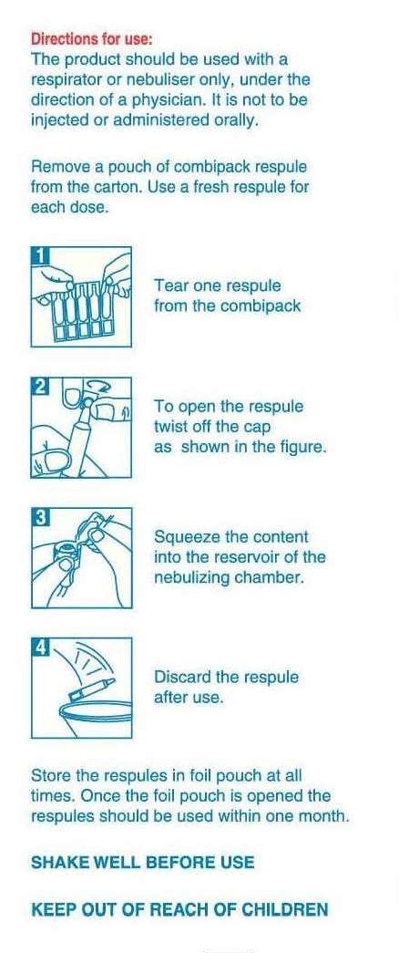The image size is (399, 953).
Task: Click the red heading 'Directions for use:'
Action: pyautogui.click(x=92, y=39)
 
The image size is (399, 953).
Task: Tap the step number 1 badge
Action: pyautogui.click(x=39, y=255)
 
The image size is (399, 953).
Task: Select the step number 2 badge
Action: pyautogui.click(x=39, y=386)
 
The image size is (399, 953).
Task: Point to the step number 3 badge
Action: pyautogui.click(x=39, y=517)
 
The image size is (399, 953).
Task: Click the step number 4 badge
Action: pyautogui.click(x=39, y=647)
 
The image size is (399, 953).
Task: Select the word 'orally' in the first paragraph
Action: pyautogui.click(x=235, y=120)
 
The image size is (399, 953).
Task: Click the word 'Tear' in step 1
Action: pyautogui.click(x=169, y=285)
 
